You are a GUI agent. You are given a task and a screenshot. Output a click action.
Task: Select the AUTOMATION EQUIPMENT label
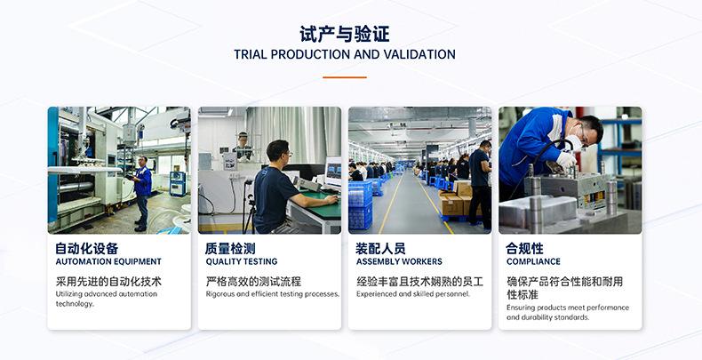[x=108, y=262]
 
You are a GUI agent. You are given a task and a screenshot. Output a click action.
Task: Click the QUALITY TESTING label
[x=242, y=262]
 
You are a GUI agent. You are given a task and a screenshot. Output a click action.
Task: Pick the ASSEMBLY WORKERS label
[x=399, y=262]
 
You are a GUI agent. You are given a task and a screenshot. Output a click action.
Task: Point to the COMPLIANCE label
[x=533, y=262]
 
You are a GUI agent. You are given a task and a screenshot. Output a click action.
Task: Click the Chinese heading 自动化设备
[x=86, y=248]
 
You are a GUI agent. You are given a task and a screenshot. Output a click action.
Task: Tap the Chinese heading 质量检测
[x=230, y=248]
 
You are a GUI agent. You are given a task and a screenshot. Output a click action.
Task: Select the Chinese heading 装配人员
[x=380, y=248]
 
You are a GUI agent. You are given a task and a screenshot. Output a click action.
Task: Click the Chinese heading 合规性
[x=524, y=248]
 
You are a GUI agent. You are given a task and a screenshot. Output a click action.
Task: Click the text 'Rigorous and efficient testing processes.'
[x=273, y=294]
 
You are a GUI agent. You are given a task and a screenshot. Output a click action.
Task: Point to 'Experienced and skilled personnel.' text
[x=413, y=294]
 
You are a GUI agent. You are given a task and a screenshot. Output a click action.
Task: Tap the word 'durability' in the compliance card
[x=539, y=317]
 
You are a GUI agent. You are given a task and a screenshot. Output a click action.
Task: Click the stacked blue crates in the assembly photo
[x=361, y=204]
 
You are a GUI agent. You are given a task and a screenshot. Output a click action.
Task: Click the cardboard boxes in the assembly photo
[x=455, y=202]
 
